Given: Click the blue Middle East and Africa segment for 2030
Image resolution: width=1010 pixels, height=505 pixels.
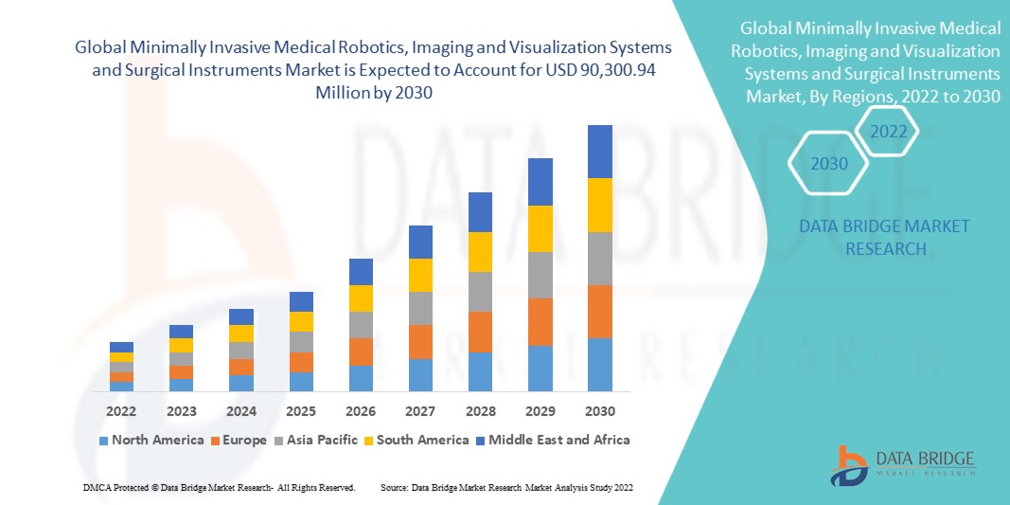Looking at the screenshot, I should coord(600,152).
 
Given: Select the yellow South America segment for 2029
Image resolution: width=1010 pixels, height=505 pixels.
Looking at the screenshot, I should coord(540,228).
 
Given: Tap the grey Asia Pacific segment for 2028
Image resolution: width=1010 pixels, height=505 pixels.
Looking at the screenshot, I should coord(480,292).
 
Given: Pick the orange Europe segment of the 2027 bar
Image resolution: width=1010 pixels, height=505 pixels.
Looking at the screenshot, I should coord(420,342).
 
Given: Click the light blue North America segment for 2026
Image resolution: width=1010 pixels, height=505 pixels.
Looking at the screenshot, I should coord(361,378).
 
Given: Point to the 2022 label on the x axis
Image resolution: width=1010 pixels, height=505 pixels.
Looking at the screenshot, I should coord(121,411).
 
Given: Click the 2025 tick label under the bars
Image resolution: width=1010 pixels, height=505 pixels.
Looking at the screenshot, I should coord(301,411).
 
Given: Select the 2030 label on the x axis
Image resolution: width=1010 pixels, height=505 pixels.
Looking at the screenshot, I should coord(600,411).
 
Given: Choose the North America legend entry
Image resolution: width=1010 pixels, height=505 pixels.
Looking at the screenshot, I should coord(151,440).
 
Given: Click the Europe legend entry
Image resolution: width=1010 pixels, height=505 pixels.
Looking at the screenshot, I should coord(238,440).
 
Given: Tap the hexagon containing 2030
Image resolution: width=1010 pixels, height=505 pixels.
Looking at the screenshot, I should coord(829,164).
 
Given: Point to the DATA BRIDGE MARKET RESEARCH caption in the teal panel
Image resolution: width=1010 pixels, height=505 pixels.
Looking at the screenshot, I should coord(871,237).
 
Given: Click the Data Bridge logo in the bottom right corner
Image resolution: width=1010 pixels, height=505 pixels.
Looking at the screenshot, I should coord(904,463).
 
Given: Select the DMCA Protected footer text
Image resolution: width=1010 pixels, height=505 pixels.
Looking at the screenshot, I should coord(219,487).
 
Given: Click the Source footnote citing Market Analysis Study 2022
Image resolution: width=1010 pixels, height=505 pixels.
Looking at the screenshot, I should coord(506,487).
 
